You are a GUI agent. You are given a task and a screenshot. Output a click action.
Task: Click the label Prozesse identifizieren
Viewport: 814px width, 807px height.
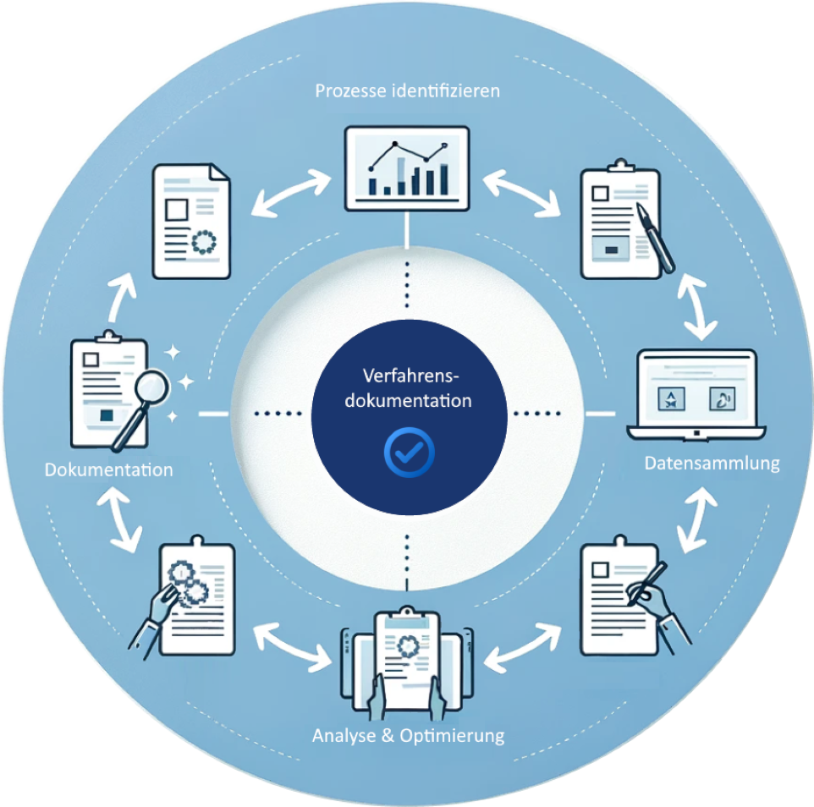pyautogui.click(x=407, y=91)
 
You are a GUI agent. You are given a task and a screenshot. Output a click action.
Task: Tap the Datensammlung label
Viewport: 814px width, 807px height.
pyautogui.click(x=712, y=464)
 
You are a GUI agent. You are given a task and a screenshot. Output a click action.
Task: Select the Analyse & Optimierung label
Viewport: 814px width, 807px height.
pyautogui.click(x=408, y=735)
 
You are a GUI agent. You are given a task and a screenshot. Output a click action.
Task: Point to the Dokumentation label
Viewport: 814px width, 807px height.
pyautogui.click(x=109, y=469)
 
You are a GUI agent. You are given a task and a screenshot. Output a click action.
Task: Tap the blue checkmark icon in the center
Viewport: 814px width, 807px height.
pyautogui.click(x=408, y=453)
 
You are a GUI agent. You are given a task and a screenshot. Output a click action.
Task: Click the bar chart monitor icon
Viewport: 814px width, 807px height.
pyautogui.click(x=407, y=167)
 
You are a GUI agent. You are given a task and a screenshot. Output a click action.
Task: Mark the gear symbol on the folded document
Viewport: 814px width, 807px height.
pyautogui.click(x=204, y=242)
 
